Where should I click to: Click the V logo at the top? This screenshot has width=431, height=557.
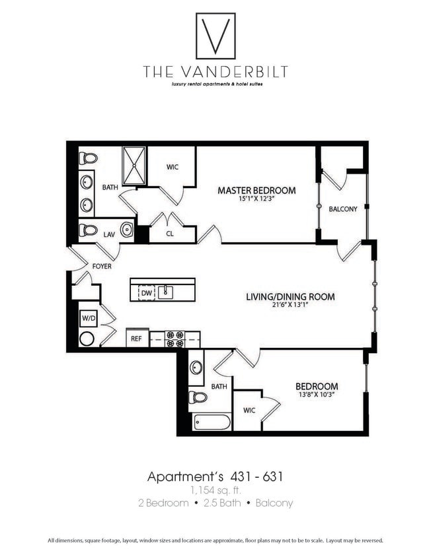tap(215, 36)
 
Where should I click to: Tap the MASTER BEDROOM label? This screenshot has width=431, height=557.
tap(256, 191)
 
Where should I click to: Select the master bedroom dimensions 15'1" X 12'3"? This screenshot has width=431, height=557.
tap(256, 200)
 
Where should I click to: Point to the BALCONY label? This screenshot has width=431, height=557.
tap(342, 209)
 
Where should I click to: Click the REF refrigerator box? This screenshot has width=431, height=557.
tap(136, 339)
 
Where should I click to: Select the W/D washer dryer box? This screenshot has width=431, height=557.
tap(88, 319)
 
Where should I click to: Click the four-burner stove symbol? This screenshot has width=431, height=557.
tap(175, 339)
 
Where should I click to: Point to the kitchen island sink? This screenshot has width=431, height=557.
tap(165, 292)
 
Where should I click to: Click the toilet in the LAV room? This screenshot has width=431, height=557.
tap(88, 230)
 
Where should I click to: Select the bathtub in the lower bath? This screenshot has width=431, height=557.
tap(212, 422)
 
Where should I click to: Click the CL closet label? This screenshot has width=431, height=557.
tap(170, 234)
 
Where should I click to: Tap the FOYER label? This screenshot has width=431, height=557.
tap(102, 267)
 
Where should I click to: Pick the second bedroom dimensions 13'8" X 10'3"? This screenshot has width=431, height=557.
tap(317, 395)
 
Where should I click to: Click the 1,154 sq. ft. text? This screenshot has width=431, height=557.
tap(215, 490)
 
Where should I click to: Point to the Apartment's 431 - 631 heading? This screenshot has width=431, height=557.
tap(215, 476)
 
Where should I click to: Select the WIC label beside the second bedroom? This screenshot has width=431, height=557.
tap(249, 410)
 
